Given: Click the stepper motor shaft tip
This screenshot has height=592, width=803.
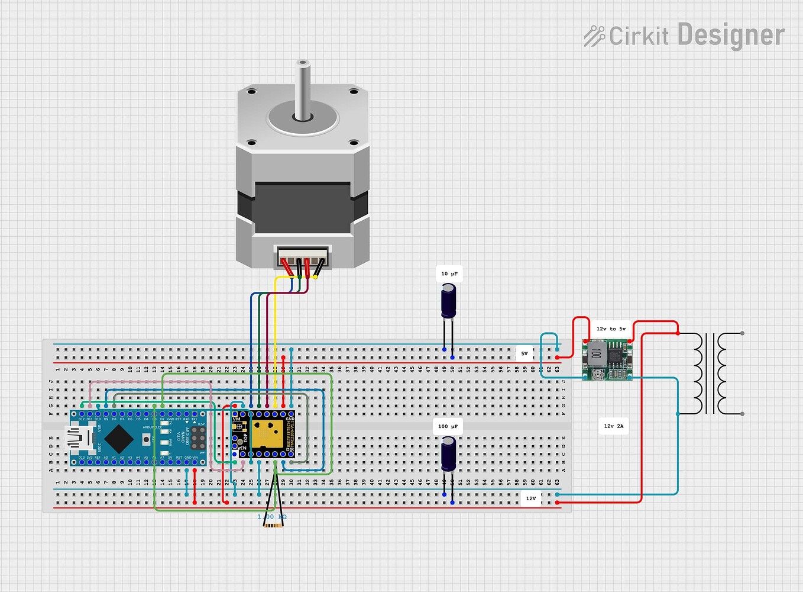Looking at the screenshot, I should tap(303, 63).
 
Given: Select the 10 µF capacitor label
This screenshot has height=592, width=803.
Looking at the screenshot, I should tap(449, 274).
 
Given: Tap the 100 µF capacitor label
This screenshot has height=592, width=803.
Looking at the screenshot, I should tap(448, 426).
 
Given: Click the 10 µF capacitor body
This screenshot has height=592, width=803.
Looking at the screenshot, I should tap(449, 301).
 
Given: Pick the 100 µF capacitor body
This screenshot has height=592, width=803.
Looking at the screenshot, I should tap(449, 454).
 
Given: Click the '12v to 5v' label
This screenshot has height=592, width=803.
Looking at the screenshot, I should tap(611, 329).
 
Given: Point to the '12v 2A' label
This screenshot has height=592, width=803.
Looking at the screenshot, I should tap(613, 426).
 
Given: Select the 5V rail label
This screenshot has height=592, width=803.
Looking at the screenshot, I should tap(524, 353).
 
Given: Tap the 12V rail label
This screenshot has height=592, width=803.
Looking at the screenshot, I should tap(530, 498).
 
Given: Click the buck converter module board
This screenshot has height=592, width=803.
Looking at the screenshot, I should tap(607, 359).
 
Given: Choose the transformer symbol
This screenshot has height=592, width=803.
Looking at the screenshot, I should tap(718, 374).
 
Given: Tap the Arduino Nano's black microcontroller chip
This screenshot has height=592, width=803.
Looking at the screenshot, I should tap(120, 438).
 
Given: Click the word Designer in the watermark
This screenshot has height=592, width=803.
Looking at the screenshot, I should tap(731, 36).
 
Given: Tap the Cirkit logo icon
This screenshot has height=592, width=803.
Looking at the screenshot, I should tap(594, 36).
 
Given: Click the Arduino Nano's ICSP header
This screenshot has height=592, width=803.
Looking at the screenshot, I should tap(198, 438).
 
